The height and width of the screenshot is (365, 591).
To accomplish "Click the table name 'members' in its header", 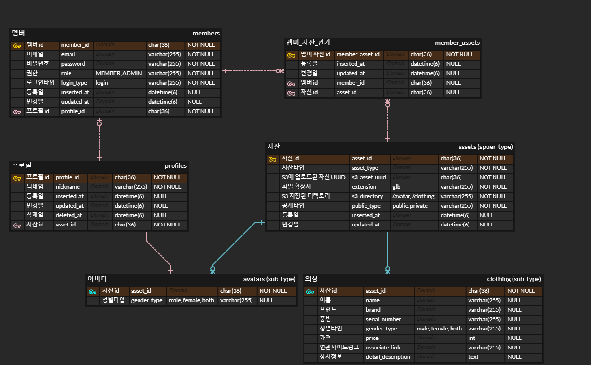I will click(x=206, y=33).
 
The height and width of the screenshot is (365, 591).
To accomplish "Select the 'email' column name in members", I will click(x=68, y=54).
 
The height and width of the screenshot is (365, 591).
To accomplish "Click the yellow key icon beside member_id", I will click(x=17, y=45).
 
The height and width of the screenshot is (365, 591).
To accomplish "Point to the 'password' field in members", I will click(x=73, y=64).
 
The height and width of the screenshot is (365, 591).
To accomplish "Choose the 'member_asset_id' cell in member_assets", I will click(x=358, y=54).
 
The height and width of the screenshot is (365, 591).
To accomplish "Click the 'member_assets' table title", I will click(x=457, y=43).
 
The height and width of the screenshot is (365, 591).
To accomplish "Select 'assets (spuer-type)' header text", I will click(x=485, y=147).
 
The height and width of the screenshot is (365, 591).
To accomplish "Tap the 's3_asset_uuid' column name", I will click(x=369, y=177).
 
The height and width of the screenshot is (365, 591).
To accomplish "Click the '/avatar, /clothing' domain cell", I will click(x=413, y=196).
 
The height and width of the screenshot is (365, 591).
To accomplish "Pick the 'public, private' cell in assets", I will click(x=410, y=206).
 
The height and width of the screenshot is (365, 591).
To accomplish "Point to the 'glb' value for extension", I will click(x=397, y=187).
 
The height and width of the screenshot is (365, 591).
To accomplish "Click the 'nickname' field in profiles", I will click(x=68, y=187).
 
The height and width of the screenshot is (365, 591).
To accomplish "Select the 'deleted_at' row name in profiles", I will click(x=69, y=215).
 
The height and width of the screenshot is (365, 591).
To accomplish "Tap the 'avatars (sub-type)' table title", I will click(x=269, y=279).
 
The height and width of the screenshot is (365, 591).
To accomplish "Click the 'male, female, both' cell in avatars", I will click(x=191, y=300).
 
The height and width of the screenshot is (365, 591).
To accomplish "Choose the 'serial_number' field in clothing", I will click(x=383, y=319).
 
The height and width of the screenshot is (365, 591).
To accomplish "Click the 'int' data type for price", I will click(x=472, y=338).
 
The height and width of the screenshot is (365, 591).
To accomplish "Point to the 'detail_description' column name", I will click(x=388, y=357).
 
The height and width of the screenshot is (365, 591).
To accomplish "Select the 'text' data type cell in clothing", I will click(x=473, y=357).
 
